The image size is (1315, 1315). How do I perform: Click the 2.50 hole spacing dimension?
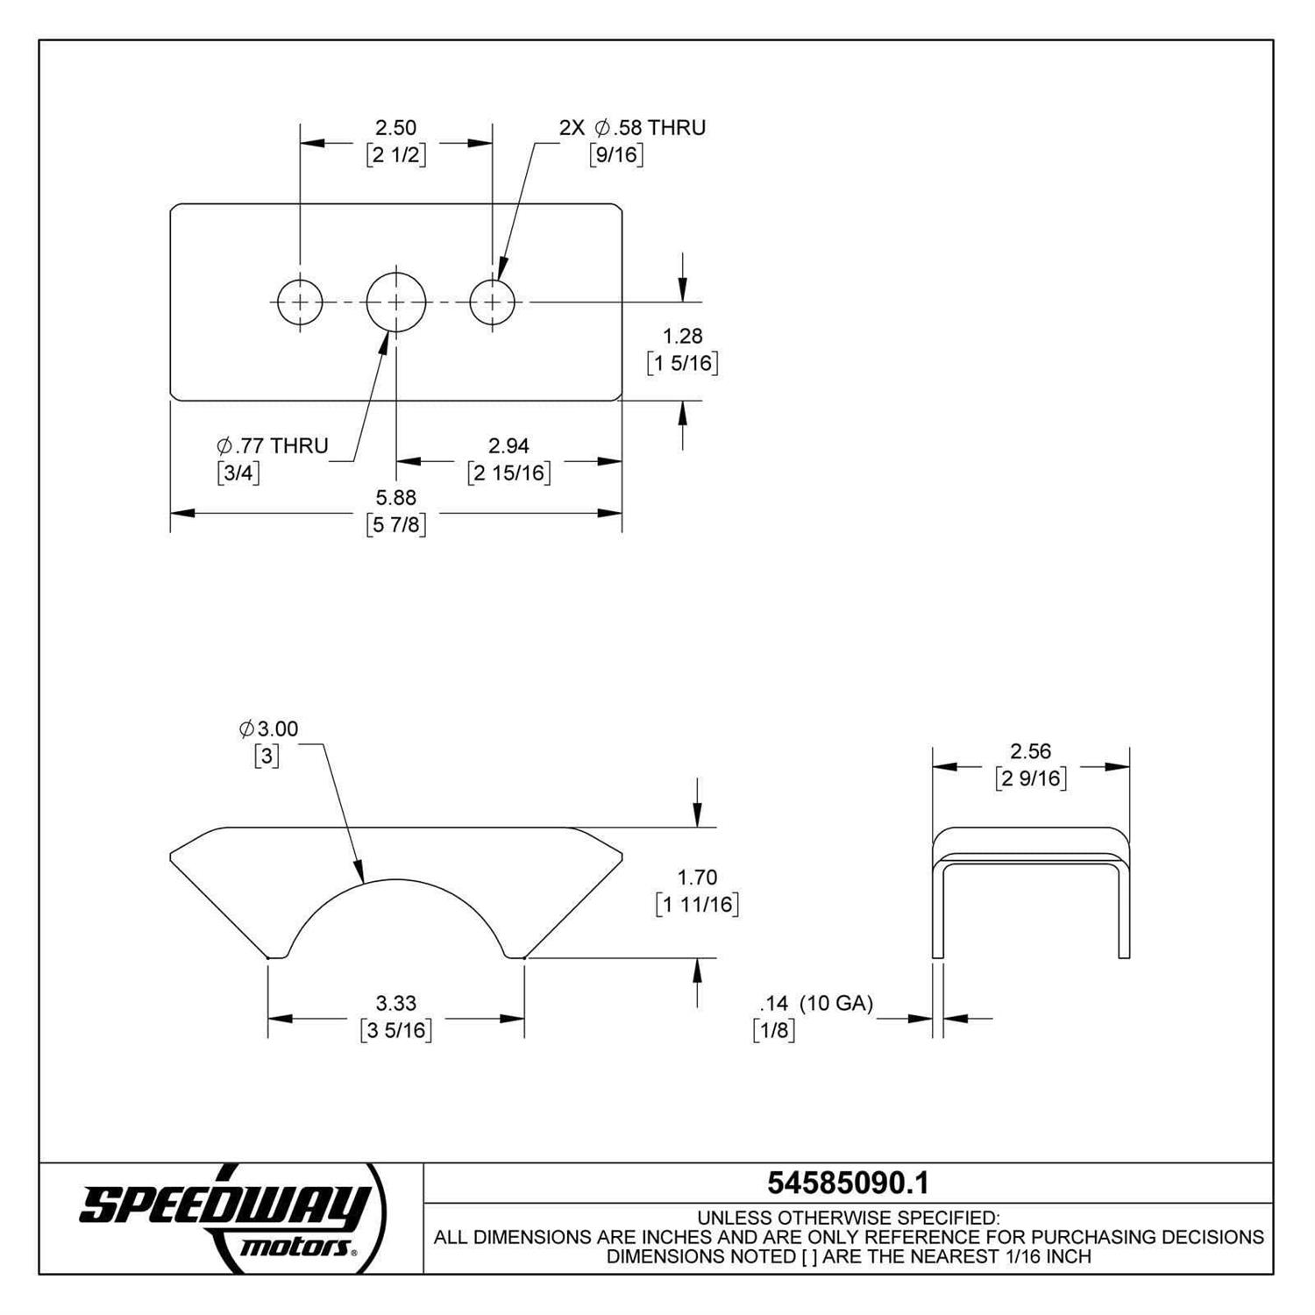394,128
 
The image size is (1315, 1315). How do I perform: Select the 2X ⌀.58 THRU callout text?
632,128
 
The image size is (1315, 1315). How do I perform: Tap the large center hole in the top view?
396,302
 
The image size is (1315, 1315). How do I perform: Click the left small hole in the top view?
300,302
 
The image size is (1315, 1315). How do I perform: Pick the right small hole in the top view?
493,302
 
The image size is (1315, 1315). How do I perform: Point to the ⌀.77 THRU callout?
273,445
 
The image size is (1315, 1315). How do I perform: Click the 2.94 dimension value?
508,446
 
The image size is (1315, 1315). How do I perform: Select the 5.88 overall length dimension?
395,498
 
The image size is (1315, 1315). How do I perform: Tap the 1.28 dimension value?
682,336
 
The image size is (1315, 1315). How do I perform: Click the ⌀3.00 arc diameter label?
268,729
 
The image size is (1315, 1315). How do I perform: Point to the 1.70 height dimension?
697,877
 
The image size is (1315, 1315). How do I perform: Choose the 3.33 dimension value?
395,1002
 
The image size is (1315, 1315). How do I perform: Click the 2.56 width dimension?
1030,751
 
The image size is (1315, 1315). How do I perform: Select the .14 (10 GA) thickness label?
816,1003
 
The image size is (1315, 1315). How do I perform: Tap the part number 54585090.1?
848,1183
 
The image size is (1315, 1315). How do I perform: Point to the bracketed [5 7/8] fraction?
396,524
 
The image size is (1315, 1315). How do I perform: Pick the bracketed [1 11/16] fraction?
697,904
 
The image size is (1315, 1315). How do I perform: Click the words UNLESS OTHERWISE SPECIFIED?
848,1218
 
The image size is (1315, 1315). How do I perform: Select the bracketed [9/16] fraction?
616,155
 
